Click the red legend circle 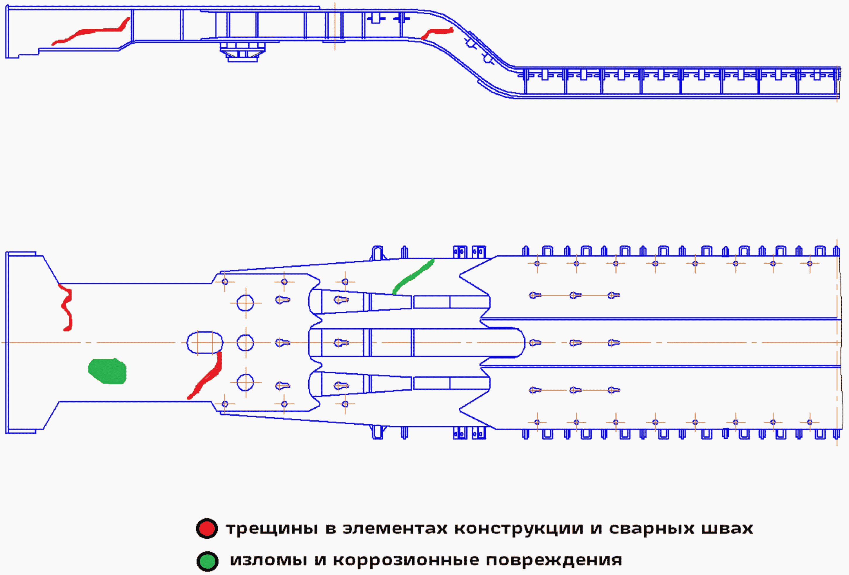point(207,528)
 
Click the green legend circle point(207,561)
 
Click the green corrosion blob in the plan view point(108,371)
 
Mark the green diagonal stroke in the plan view point(413,276)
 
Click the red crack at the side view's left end point(91,32)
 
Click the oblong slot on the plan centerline point(204,343)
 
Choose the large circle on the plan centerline point(245,343)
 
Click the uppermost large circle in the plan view point(245,303)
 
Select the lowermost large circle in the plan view point(245,382)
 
